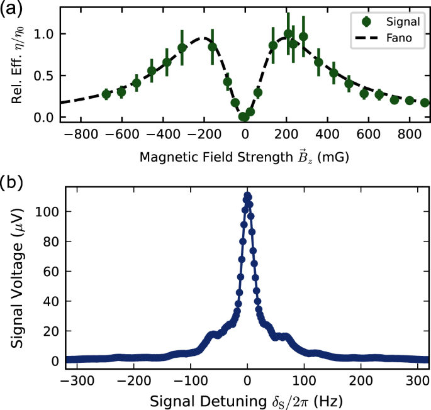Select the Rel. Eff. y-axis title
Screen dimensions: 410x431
(14, 65)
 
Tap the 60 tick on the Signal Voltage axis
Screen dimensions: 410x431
(48, 271)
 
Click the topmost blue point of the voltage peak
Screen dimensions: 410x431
(247, 196)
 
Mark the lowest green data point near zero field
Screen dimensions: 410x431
(243, 117)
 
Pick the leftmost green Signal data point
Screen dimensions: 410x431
(106, 94)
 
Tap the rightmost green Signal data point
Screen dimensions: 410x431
(425, 102)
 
